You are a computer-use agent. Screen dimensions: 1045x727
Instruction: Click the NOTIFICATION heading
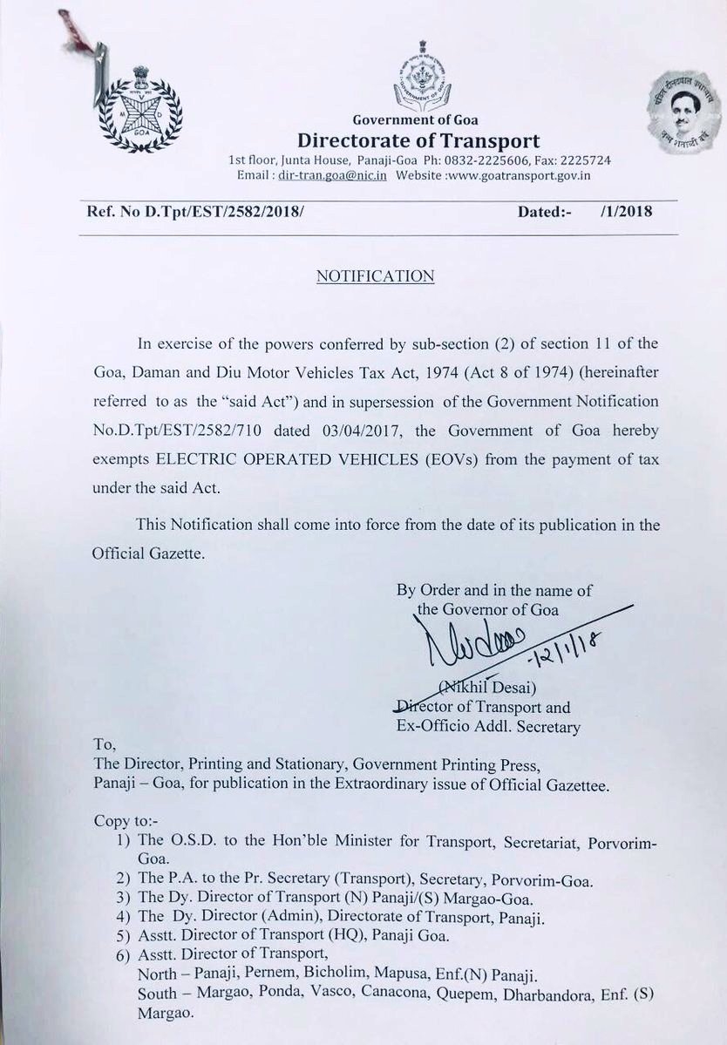375,276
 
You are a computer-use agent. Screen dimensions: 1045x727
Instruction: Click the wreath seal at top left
140,109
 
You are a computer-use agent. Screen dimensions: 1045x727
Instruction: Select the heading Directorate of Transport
418,141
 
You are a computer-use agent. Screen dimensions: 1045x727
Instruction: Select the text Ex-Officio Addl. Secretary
488,727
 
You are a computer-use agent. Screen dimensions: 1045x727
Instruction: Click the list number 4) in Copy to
123,915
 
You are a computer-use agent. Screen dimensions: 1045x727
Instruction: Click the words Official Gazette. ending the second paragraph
148,553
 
